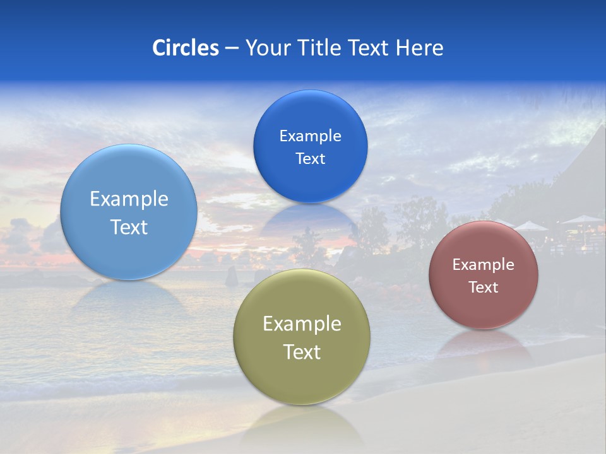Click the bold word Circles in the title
click(x=186, y=48)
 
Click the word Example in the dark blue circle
click(x=310, y=136)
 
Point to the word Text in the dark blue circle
click(x=310, y=159)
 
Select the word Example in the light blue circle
click(x=129, y=199)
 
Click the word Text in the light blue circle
click(x=129, y=227)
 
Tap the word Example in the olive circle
click(x=302, y=324)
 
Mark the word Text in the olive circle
click(x=302, y=352)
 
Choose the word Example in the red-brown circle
click(x=483, y=265)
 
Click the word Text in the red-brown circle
click(x=483, y=288)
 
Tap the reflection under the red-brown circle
click(x=483, y=344)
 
